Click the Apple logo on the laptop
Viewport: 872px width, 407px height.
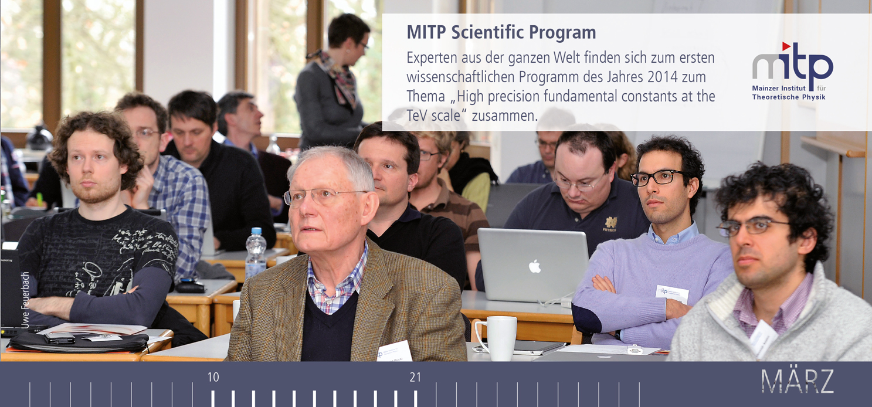(534, 267)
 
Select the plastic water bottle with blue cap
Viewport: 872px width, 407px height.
(256, 253)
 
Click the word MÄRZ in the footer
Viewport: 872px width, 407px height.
(797, 381)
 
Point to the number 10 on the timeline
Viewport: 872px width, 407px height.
(213, 377)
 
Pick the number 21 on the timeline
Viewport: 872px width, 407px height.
(415, 377)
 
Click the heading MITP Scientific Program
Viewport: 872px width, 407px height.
(501, 32)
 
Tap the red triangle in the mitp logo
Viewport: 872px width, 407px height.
(786, 46)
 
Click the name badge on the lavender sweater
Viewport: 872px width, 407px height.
(671, 293)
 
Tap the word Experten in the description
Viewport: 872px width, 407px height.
(433, 58)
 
